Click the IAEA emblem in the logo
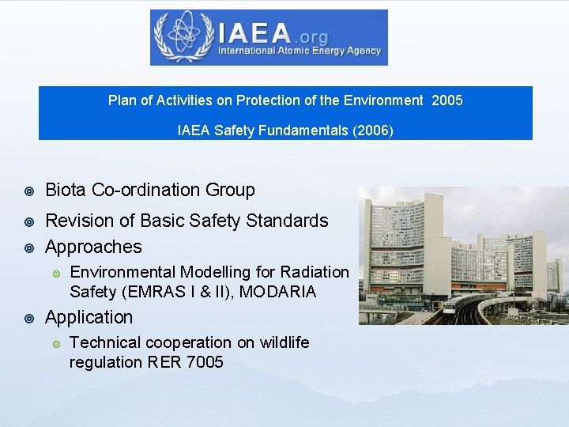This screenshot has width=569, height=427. [184, 36]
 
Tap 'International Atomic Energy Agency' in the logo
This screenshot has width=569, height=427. [300, 51]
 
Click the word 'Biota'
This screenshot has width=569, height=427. [66, 190]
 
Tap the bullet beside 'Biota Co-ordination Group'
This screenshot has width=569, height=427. [29, 191]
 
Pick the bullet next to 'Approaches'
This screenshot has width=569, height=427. [29, 248]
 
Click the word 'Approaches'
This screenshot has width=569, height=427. [93, 247]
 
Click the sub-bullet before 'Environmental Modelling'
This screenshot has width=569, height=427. [55, 273]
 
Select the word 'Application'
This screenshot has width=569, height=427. [89, 317]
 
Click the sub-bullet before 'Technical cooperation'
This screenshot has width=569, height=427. [55, 343]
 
